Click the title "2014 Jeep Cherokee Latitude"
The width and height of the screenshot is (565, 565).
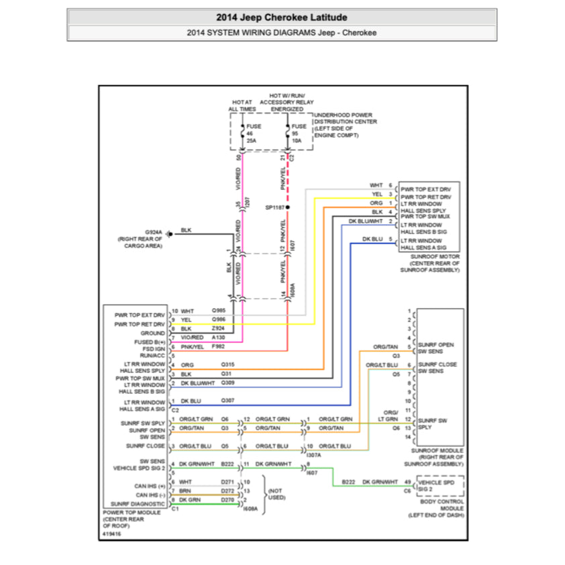tap(282, 17)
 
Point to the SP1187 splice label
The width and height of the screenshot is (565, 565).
tap(275, 208)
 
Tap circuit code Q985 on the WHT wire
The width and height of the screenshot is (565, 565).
tap(219, 311)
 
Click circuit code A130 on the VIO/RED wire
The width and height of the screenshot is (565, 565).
tap(219, 338)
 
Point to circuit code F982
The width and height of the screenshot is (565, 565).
tap(219, 347)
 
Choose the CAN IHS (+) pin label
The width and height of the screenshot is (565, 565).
tap(150, 485)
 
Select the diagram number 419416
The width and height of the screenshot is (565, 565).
tap(113, 533)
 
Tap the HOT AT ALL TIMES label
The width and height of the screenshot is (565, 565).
tap(242, 105)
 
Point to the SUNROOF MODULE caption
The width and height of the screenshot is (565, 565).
tap(437, 456)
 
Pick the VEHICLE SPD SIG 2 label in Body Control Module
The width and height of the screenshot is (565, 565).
tap(440, 485)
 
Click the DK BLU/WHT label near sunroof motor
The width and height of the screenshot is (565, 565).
tap(365, 221)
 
